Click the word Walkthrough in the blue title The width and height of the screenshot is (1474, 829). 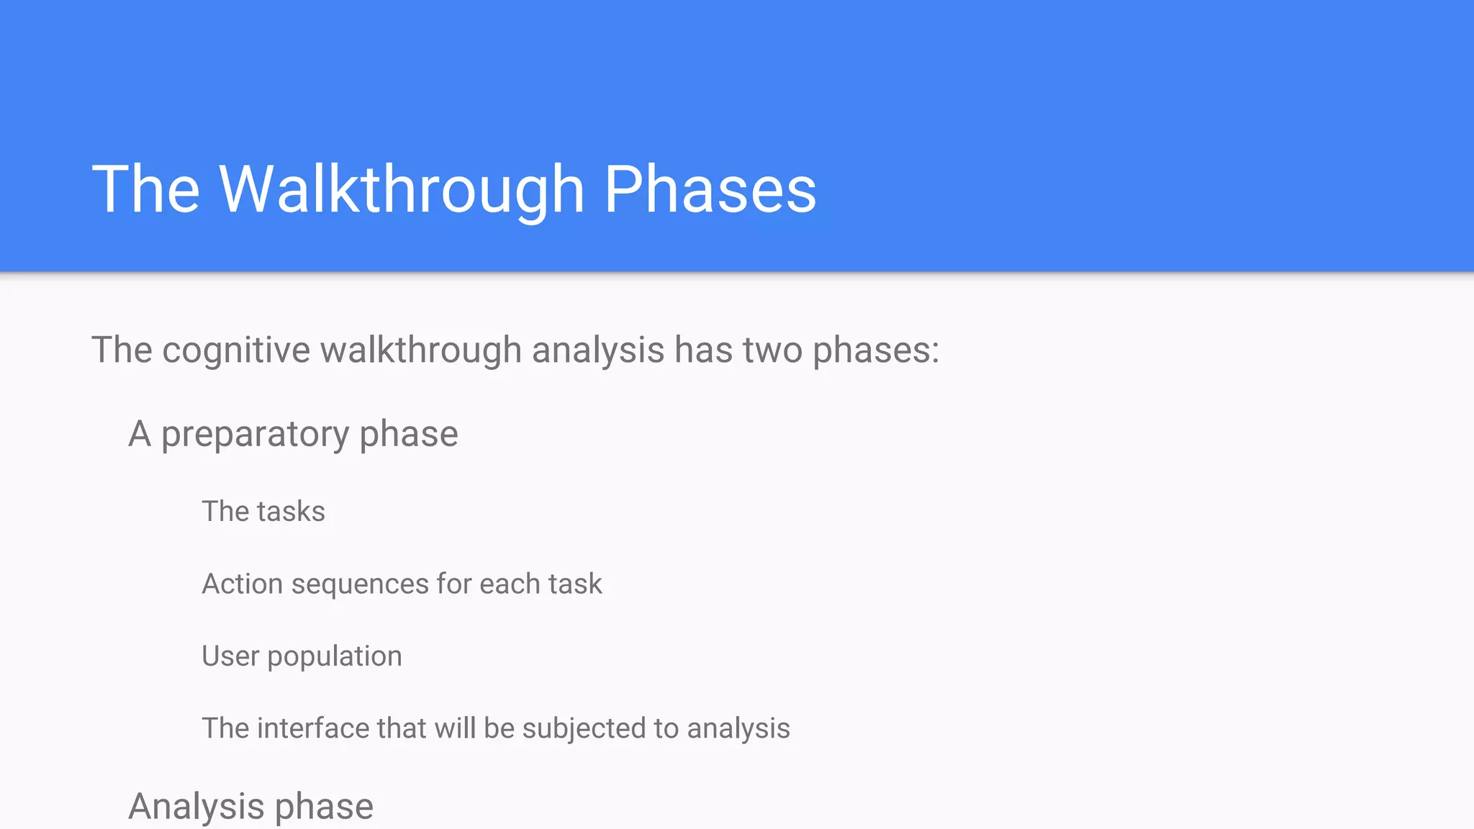(x=401, y=189)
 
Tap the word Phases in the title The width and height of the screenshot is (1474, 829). (x=710, y=189)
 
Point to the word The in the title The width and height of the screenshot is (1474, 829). (x=145, y=189)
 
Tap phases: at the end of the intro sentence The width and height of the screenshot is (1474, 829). (x=876, y=350)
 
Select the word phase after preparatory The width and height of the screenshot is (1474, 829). (x=408, y=434)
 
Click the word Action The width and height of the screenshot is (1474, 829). (x=242, y=584)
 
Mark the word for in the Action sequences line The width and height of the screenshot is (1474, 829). (x=454, y=584)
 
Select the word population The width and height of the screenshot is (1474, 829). (x=335, y=656)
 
